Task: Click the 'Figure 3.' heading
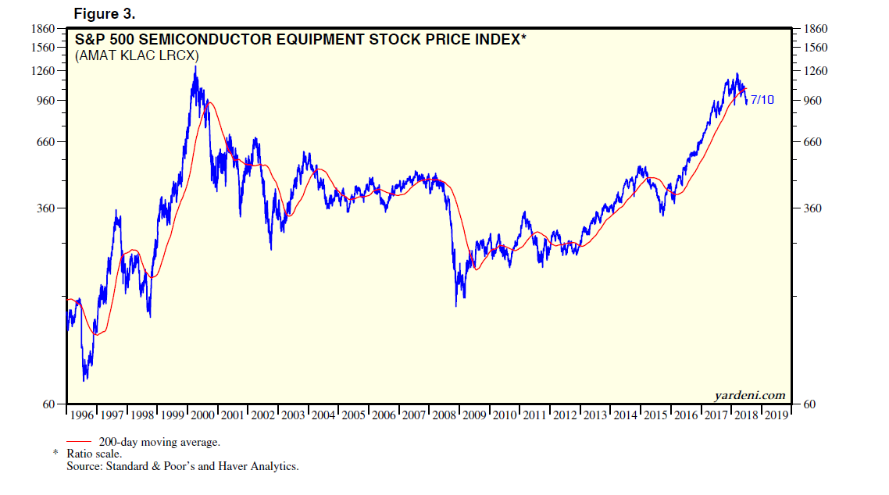tap(104, 13)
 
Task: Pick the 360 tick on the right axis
tap(813, 208)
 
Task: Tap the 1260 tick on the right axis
tap(816, 71)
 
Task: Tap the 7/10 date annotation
tap(762, 100)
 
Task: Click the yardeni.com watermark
tap(749, 395)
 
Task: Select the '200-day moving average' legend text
tap(159, 442)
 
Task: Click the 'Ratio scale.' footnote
tap(94, 454)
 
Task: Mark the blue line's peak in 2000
tap(195, 66)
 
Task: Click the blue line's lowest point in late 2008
tap(456, 305)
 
